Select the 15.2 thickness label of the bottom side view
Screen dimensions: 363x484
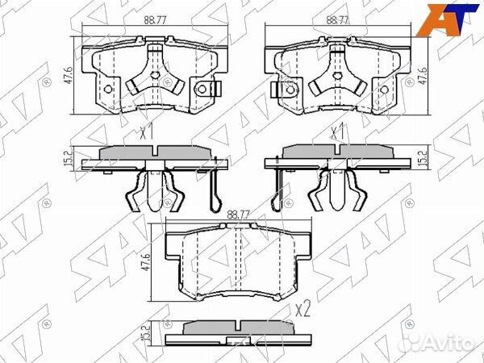coord(146,332)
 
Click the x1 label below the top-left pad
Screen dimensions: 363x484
coord(146,131)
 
